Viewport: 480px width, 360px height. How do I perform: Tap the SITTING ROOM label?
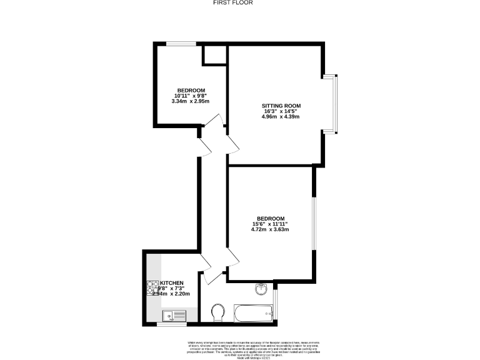[x=281, y=105]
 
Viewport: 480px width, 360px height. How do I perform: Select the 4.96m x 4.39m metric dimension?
[x=281, y=117]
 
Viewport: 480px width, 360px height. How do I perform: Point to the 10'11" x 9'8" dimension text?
[x=192, y=96]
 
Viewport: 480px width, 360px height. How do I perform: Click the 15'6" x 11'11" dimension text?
[x=270, y=224]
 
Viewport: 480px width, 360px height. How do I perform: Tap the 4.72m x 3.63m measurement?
[x=270, y=229]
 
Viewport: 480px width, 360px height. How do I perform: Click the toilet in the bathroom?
[x=219, y=312]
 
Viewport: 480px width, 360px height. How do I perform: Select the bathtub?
[x=254, y=313]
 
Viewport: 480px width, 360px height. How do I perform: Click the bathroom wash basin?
[x=261, y=289]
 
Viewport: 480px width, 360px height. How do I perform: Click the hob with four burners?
[x=152, y=288]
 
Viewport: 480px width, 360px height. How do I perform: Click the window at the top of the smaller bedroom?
[x=181, y=43]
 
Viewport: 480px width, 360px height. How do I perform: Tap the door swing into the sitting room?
[x=232, y=144]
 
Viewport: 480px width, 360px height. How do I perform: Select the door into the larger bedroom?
[x=232, y=257]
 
